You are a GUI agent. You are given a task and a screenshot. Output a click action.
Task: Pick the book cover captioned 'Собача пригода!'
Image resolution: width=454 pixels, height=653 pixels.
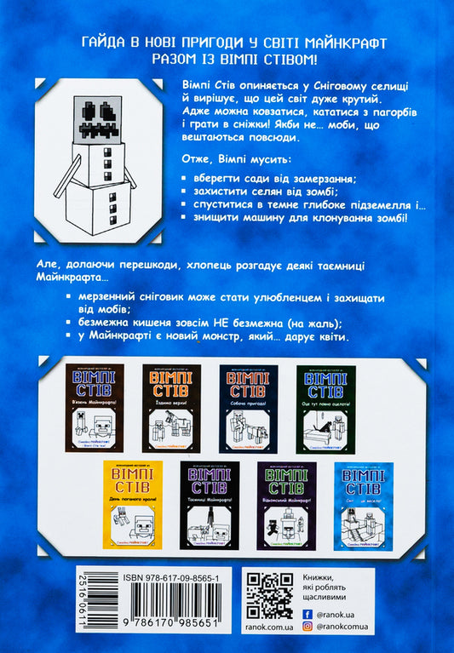[248, 408]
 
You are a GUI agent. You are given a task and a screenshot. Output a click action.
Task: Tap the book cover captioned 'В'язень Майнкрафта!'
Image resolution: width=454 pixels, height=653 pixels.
[95, 408]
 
